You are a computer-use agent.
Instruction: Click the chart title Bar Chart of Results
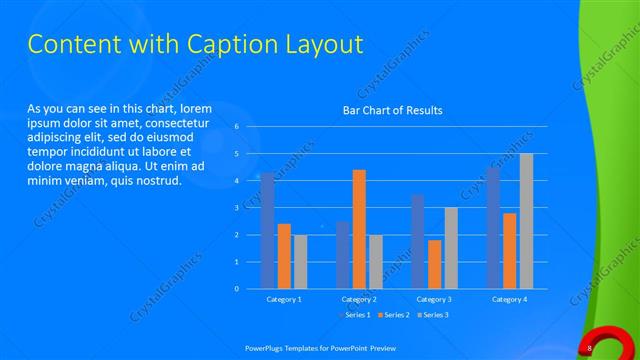pos(392,110)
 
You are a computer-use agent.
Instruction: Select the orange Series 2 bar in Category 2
pos(359,229)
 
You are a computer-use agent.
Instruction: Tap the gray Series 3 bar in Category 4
pos(526,221)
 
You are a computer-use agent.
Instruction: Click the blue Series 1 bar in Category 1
pos(267,231)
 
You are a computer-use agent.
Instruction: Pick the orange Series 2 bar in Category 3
pos(434,264)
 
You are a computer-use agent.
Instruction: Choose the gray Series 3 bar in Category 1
pos(300,262)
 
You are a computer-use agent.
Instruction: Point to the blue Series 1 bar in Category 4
pos(493,228)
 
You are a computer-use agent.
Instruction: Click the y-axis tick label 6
pos(236,127)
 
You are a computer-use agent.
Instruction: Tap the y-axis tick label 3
pos(236,208)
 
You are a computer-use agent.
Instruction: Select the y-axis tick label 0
pos(236,289)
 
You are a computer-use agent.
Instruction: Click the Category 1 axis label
pos(284,299)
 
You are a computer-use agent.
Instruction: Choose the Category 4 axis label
pos(509,299)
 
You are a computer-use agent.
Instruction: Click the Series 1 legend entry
pos(356,315)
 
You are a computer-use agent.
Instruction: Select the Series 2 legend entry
pos(394,315)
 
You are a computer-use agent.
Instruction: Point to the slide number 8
pos(591,347)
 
